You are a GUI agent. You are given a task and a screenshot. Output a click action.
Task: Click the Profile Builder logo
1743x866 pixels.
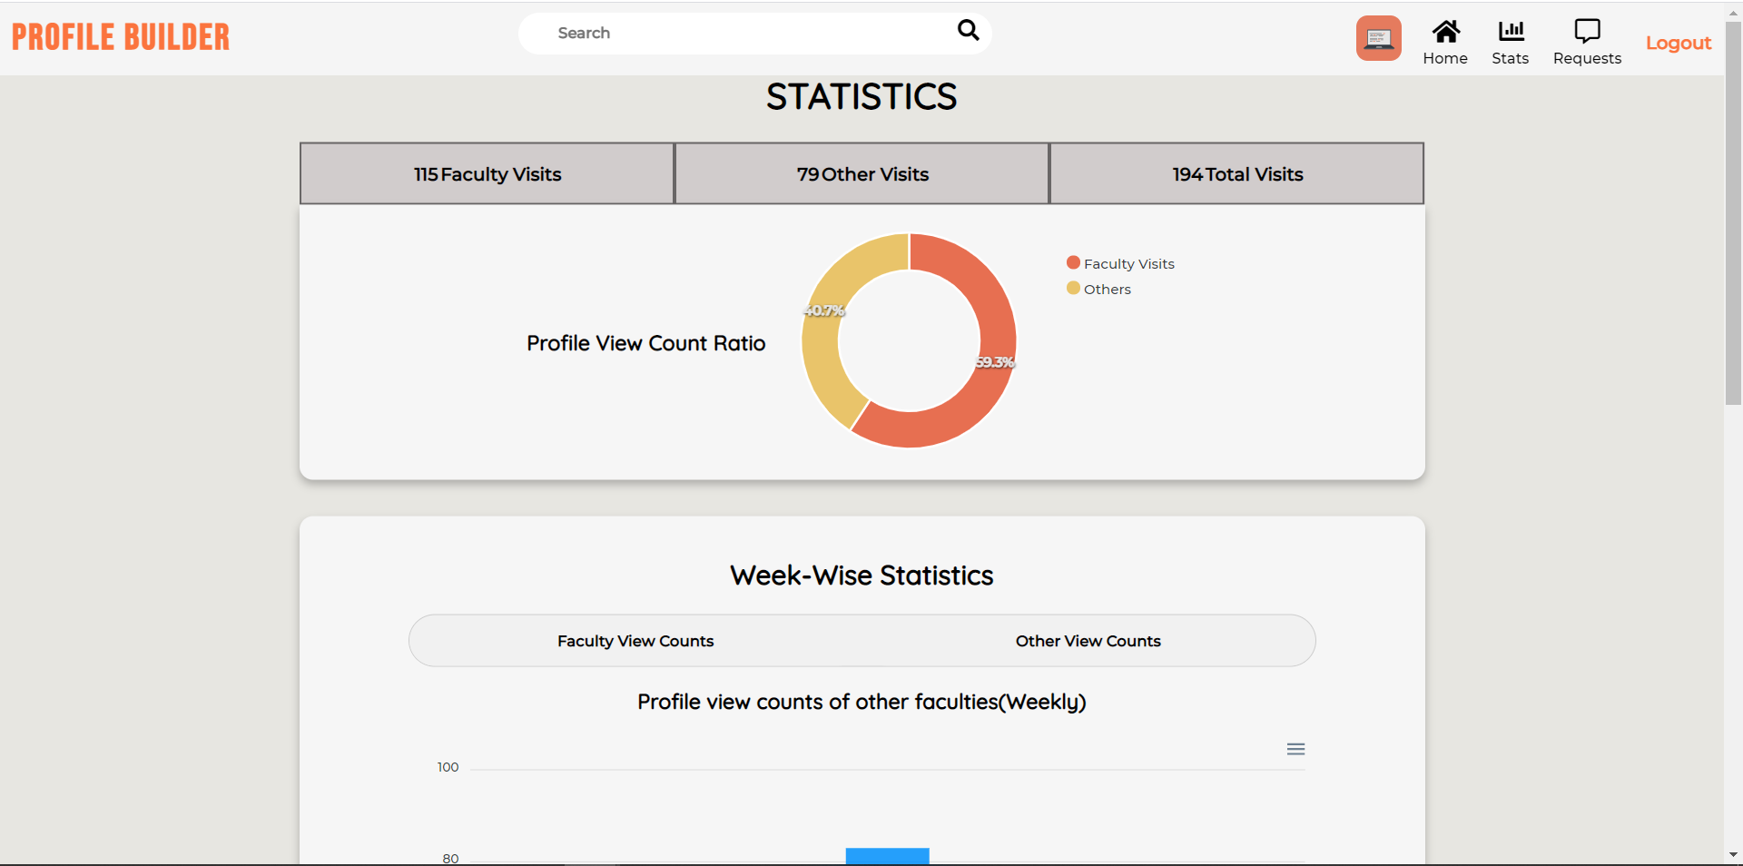pos(121,37)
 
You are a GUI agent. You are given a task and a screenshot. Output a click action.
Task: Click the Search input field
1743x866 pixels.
pos(744,34)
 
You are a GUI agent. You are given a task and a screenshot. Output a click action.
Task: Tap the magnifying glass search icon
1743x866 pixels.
pos(969,31)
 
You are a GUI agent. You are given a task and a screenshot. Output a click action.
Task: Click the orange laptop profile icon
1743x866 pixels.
pos(1378,38)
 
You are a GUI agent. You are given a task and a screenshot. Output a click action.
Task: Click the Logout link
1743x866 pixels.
pos(1679,43)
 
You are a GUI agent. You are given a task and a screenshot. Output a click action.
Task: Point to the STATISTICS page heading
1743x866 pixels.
pos(862,97)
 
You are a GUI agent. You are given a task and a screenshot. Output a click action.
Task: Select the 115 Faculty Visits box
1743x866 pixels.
pos(487,174)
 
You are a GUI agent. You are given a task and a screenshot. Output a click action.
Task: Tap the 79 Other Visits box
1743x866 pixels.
pos(862,174)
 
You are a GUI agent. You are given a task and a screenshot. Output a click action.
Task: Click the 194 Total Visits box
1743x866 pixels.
pos(1237,174)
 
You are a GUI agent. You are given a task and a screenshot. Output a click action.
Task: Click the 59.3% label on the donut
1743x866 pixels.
pos(995,362)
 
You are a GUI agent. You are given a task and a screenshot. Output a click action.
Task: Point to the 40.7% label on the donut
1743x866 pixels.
pos(824,310)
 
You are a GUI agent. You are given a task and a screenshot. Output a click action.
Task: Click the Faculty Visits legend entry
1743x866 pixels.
pos(1121,263)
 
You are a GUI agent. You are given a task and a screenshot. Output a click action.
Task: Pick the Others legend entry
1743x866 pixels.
pos(1099,289)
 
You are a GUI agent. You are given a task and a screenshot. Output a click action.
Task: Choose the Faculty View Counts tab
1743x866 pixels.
pos(635,641)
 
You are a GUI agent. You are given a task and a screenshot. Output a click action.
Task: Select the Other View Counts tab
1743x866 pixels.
pos(1088,641)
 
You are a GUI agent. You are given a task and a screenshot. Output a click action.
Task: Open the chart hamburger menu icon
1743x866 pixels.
pos(1295,749)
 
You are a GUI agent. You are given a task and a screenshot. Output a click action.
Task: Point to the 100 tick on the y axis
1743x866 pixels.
pos(448,767)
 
